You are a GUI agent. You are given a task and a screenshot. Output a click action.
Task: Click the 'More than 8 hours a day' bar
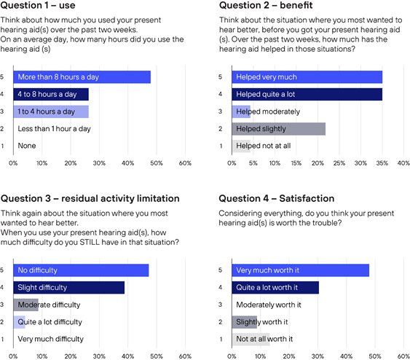click(82, 77)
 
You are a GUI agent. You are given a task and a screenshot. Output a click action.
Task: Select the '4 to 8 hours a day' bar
click(51, 94)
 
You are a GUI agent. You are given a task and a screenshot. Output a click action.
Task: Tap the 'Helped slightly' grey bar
click(279, 129)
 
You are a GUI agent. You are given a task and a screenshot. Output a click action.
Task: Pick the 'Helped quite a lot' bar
click(307, 94)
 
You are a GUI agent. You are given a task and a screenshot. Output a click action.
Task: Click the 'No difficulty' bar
click(81, 270)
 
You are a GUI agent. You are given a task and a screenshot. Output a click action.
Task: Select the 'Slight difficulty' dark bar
click(69, 288)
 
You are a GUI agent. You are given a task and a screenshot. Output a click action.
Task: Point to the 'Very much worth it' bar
click(301, 270)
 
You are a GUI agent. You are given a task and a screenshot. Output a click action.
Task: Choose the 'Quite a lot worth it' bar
click(275, 288)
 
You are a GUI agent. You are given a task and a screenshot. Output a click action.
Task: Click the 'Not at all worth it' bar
click(251, 339)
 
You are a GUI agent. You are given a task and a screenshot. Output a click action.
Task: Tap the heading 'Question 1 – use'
click(38, 5)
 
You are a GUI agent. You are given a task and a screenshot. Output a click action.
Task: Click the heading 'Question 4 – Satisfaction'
click(277, 198)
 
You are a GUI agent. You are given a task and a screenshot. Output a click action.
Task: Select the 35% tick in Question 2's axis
click(382, 163)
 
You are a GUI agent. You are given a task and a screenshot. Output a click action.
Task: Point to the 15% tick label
click(296, 163)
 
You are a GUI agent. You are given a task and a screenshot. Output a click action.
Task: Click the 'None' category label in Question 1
click(27, 146)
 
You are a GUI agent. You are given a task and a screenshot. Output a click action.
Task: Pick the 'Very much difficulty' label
click(51, 339)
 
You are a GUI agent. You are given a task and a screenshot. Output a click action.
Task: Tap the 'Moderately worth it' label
click(269, 305)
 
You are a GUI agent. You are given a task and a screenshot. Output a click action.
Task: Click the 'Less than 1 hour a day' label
click(54, 129)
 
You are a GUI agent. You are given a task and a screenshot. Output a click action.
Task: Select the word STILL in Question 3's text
click(90, 242)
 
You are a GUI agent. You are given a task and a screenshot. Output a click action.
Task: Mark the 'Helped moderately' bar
click(241, 111)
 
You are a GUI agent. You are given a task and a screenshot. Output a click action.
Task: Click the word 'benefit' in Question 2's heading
click(296, 5)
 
